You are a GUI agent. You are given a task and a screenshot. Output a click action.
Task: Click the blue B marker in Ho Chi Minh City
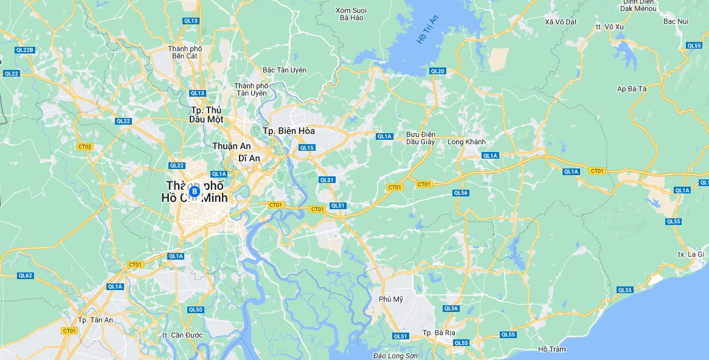coord(195,192)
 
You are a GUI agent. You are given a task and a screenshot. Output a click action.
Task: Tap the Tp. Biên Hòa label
coord(289,131)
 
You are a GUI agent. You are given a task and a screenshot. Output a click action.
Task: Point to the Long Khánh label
coord(466,142)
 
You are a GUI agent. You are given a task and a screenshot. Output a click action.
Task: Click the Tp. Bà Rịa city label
coord(439,333)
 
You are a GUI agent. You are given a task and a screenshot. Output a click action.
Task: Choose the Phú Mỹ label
coord(391,299)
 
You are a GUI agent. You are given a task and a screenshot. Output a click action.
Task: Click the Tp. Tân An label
coord(96,320)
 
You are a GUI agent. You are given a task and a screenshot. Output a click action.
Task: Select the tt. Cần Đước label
coord(182,335)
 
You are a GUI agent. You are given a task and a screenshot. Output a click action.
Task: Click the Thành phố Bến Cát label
coord(185,52)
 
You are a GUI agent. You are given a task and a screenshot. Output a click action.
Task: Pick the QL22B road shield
coord(26,50)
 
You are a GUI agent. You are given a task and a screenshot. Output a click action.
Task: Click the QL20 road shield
coord(437,71)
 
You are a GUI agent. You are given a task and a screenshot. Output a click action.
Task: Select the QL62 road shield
coord(25,275)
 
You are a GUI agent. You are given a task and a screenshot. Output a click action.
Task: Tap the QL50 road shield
coord(195,310)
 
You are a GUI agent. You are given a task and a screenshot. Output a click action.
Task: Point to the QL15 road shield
coord(307,148)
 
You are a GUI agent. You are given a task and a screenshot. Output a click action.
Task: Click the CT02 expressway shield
coord(85,147)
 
